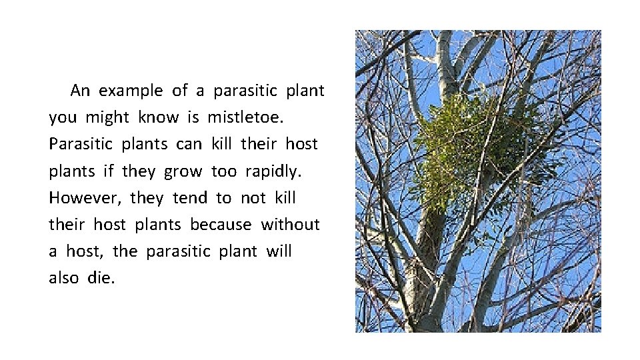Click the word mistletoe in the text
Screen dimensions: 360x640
pos(245,117)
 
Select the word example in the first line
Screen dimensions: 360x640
pos(131,90)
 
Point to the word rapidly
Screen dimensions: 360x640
pos(273,171)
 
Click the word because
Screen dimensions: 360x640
pos(221,225)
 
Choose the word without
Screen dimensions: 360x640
pos(290,225)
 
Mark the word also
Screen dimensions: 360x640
pos(64,278)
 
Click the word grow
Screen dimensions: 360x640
pos(183,171)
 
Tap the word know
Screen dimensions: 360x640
pos(159,117)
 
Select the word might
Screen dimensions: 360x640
pos(107,117)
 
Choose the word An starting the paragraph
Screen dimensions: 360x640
pos(80,90)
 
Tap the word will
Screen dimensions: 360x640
pos(279,251)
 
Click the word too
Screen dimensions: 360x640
pos(223,171)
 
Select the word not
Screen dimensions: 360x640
pos(253,198)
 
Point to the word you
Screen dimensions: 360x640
pos(63,117)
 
